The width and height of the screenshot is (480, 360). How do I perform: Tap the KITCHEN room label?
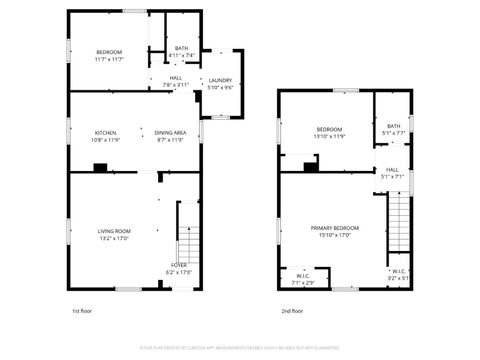coord(105,132)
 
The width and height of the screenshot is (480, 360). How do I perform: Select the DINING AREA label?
coord(170,132)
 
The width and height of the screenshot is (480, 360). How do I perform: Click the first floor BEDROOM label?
coord(109,52)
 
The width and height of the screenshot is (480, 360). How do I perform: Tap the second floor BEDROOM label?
coord(330,129)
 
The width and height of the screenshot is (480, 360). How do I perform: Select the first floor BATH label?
coord(181,47)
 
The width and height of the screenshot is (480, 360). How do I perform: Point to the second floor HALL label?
coord(393,170)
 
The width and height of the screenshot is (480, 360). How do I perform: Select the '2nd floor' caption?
coord(293,311)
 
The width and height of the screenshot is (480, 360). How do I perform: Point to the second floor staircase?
coord(399,225)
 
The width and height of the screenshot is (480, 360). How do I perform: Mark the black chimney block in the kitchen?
coord(100,167)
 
